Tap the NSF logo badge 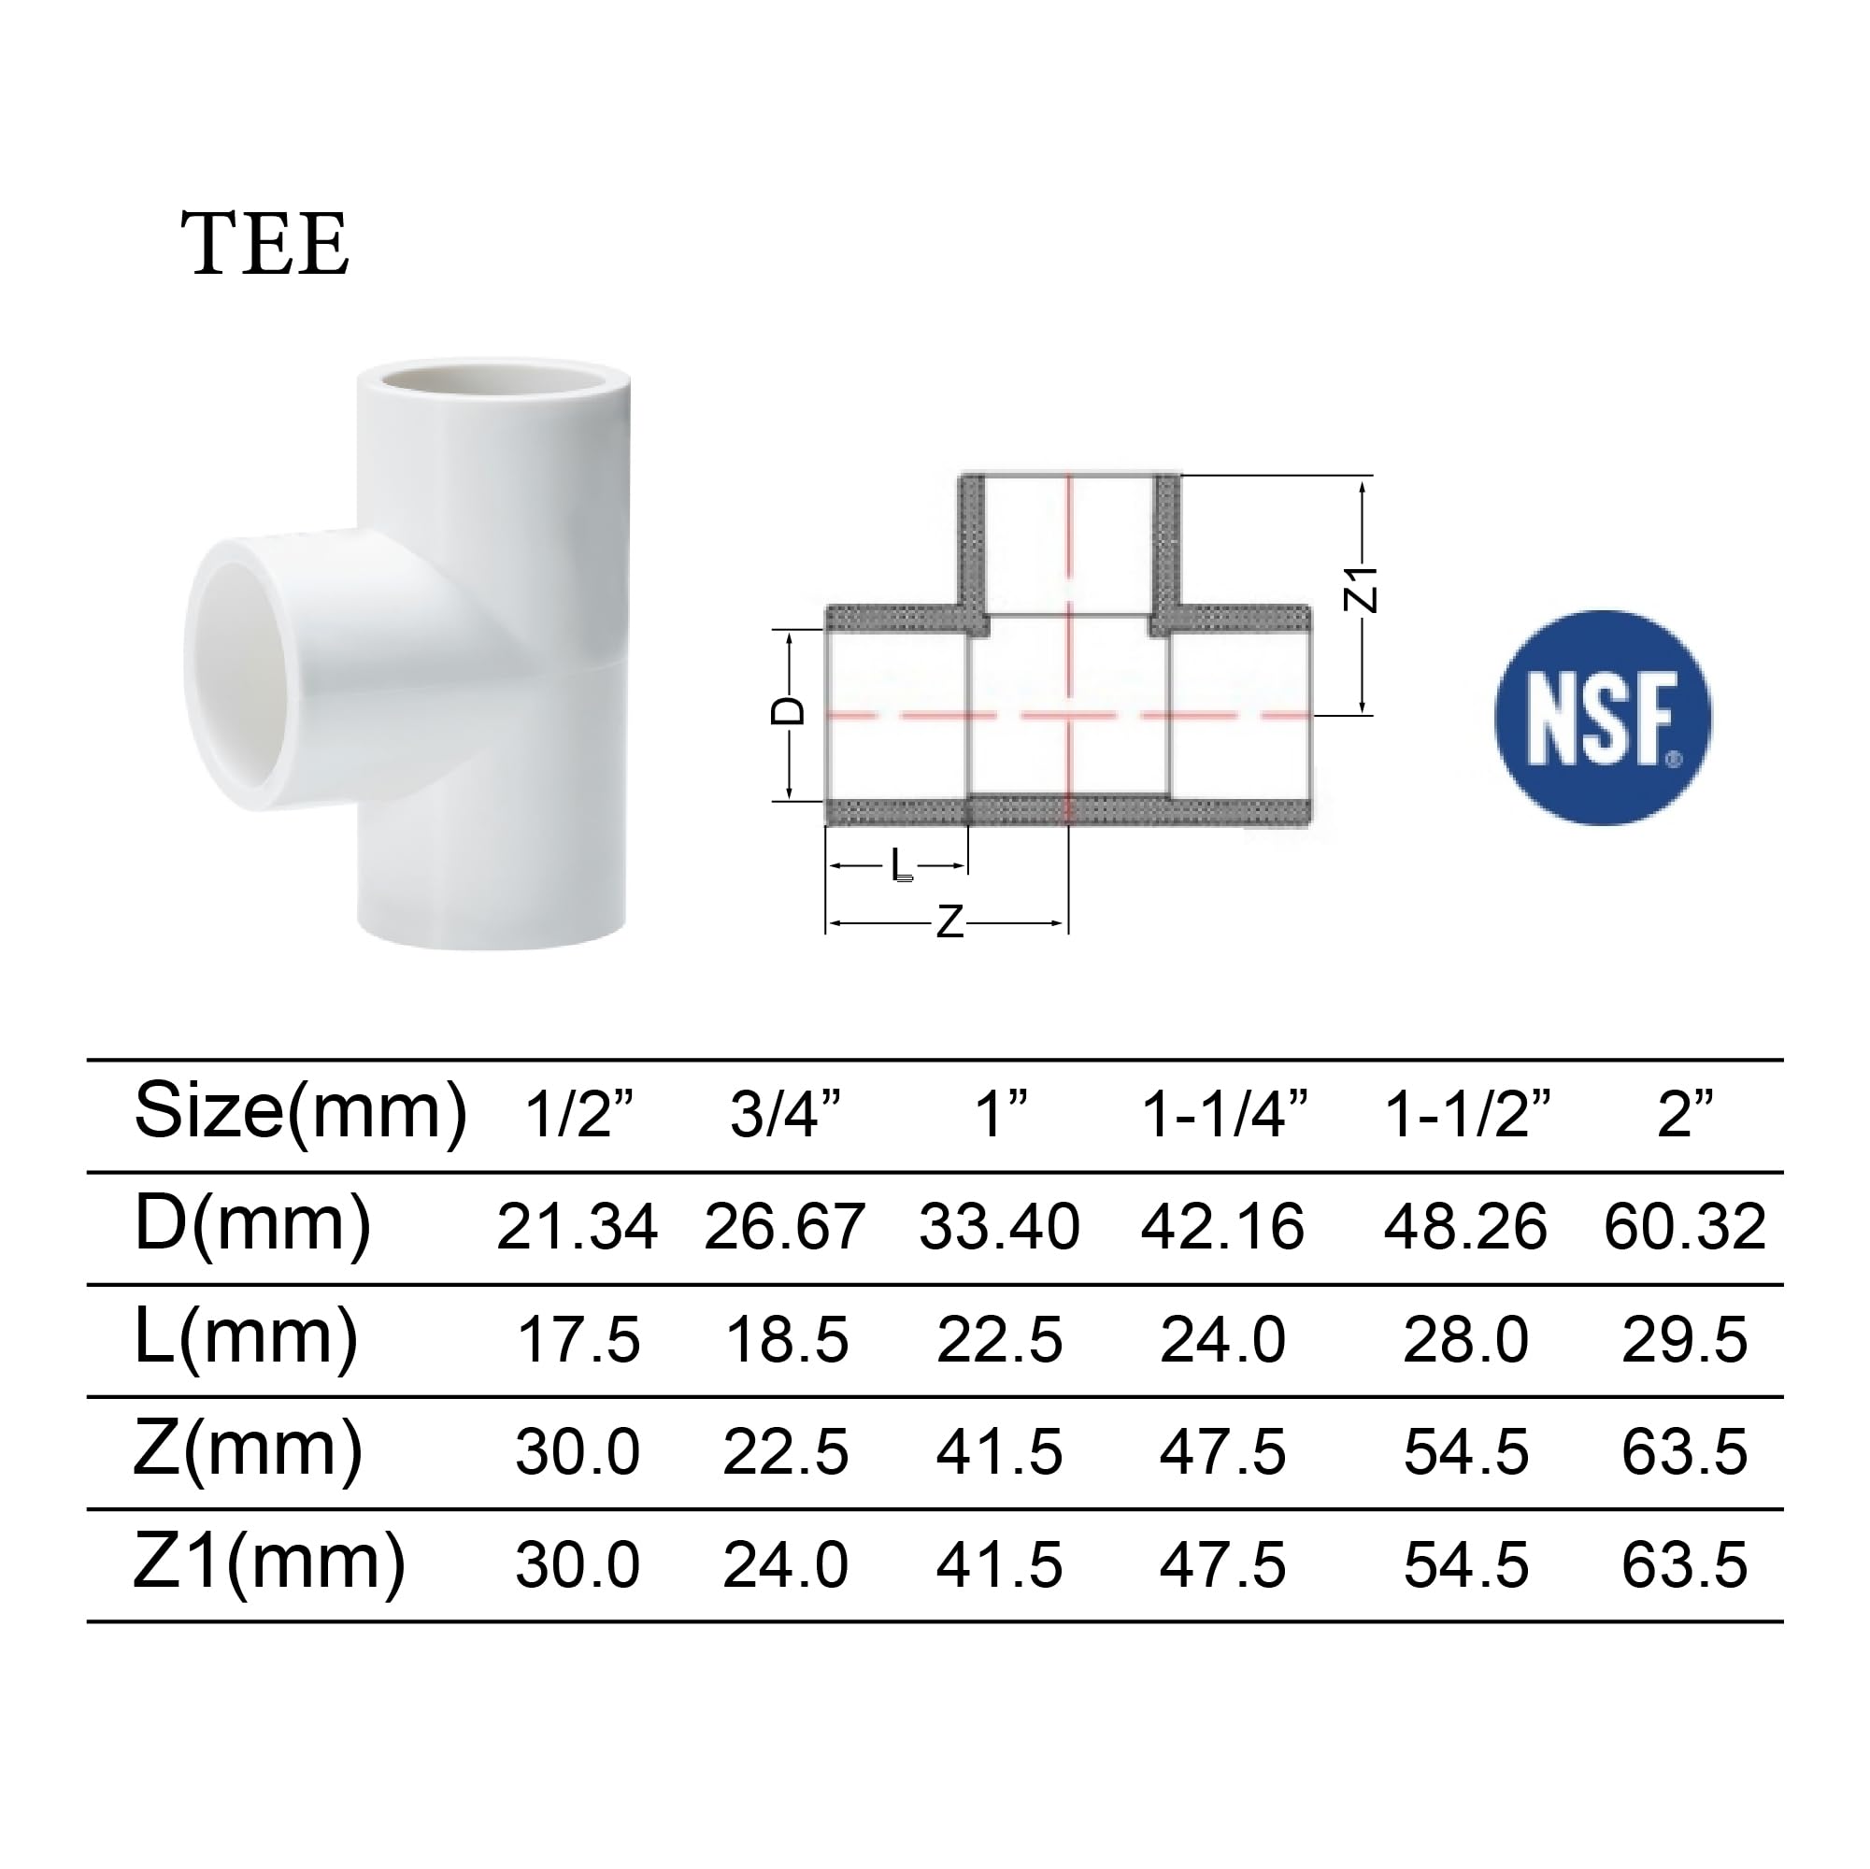(1603, 717)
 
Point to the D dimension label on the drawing (787, 711)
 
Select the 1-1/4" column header (1223, 1114)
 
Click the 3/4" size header (785, 1114)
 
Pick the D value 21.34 (577, 1227)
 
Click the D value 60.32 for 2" (1684, 1227)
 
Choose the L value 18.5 (786, 1340)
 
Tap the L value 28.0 (1465, 1340)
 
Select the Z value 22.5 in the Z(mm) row (786, 1453)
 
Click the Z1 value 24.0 (786, 1565)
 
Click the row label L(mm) (246, 1337)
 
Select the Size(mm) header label (300, 1111)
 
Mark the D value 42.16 (1222, 1227)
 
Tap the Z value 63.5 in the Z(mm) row (1684, 1453)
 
